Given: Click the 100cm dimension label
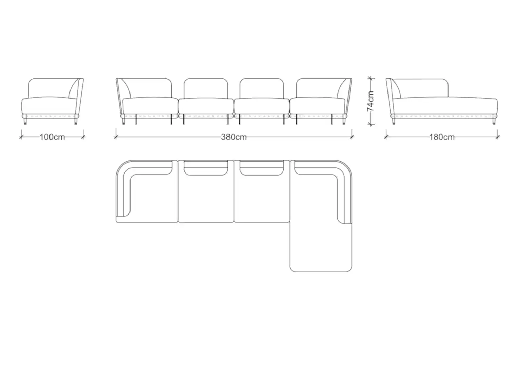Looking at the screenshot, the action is tap(52, 137).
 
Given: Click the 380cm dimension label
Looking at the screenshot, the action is tap(234, 137).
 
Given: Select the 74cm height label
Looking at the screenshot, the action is tap(371, 101).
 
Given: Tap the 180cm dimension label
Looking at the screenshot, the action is tap(442, 137).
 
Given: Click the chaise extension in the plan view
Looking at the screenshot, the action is tap(321, 247).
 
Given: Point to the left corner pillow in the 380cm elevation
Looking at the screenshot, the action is tap(125, 88).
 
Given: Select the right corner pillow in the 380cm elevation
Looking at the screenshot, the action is tap(342, 88).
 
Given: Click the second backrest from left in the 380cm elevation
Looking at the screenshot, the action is tap(206, 88).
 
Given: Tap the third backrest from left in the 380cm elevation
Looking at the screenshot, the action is tap(262, 88).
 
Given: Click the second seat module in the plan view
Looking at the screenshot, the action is tap(206, 191).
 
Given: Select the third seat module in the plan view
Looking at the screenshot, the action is tap(262, 191).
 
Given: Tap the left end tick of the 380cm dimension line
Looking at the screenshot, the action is tap(116, 137).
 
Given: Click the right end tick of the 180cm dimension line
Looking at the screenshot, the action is tap(498, 137).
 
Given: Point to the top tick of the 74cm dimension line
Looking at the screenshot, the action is tap(371, 79).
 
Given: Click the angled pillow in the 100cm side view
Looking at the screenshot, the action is tap(74, 88).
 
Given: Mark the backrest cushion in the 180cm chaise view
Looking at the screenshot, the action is tap(419, 88).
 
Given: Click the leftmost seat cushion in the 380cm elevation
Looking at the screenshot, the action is tap(150, 105).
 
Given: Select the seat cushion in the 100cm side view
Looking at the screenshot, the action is tap(49, 105).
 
